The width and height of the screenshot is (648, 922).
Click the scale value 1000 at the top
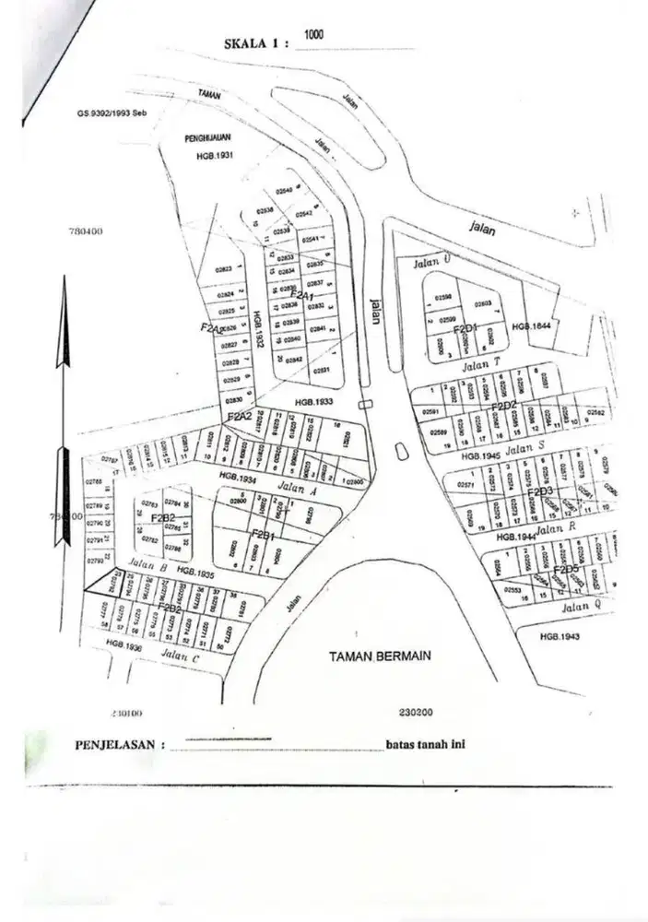pos(313,34)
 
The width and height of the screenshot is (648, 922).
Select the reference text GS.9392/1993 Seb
pos(113,116)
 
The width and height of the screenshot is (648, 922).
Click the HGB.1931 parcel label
pos(217,156)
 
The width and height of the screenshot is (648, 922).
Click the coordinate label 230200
pos(417,712)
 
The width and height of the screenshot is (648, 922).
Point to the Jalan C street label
pos(180,656)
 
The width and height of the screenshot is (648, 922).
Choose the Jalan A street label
pos(298,491)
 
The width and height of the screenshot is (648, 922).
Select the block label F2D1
pos(464,328)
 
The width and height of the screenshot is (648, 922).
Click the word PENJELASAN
pos(115,744)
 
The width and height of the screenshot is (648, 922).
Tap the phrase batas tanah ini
pos(425,745)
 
